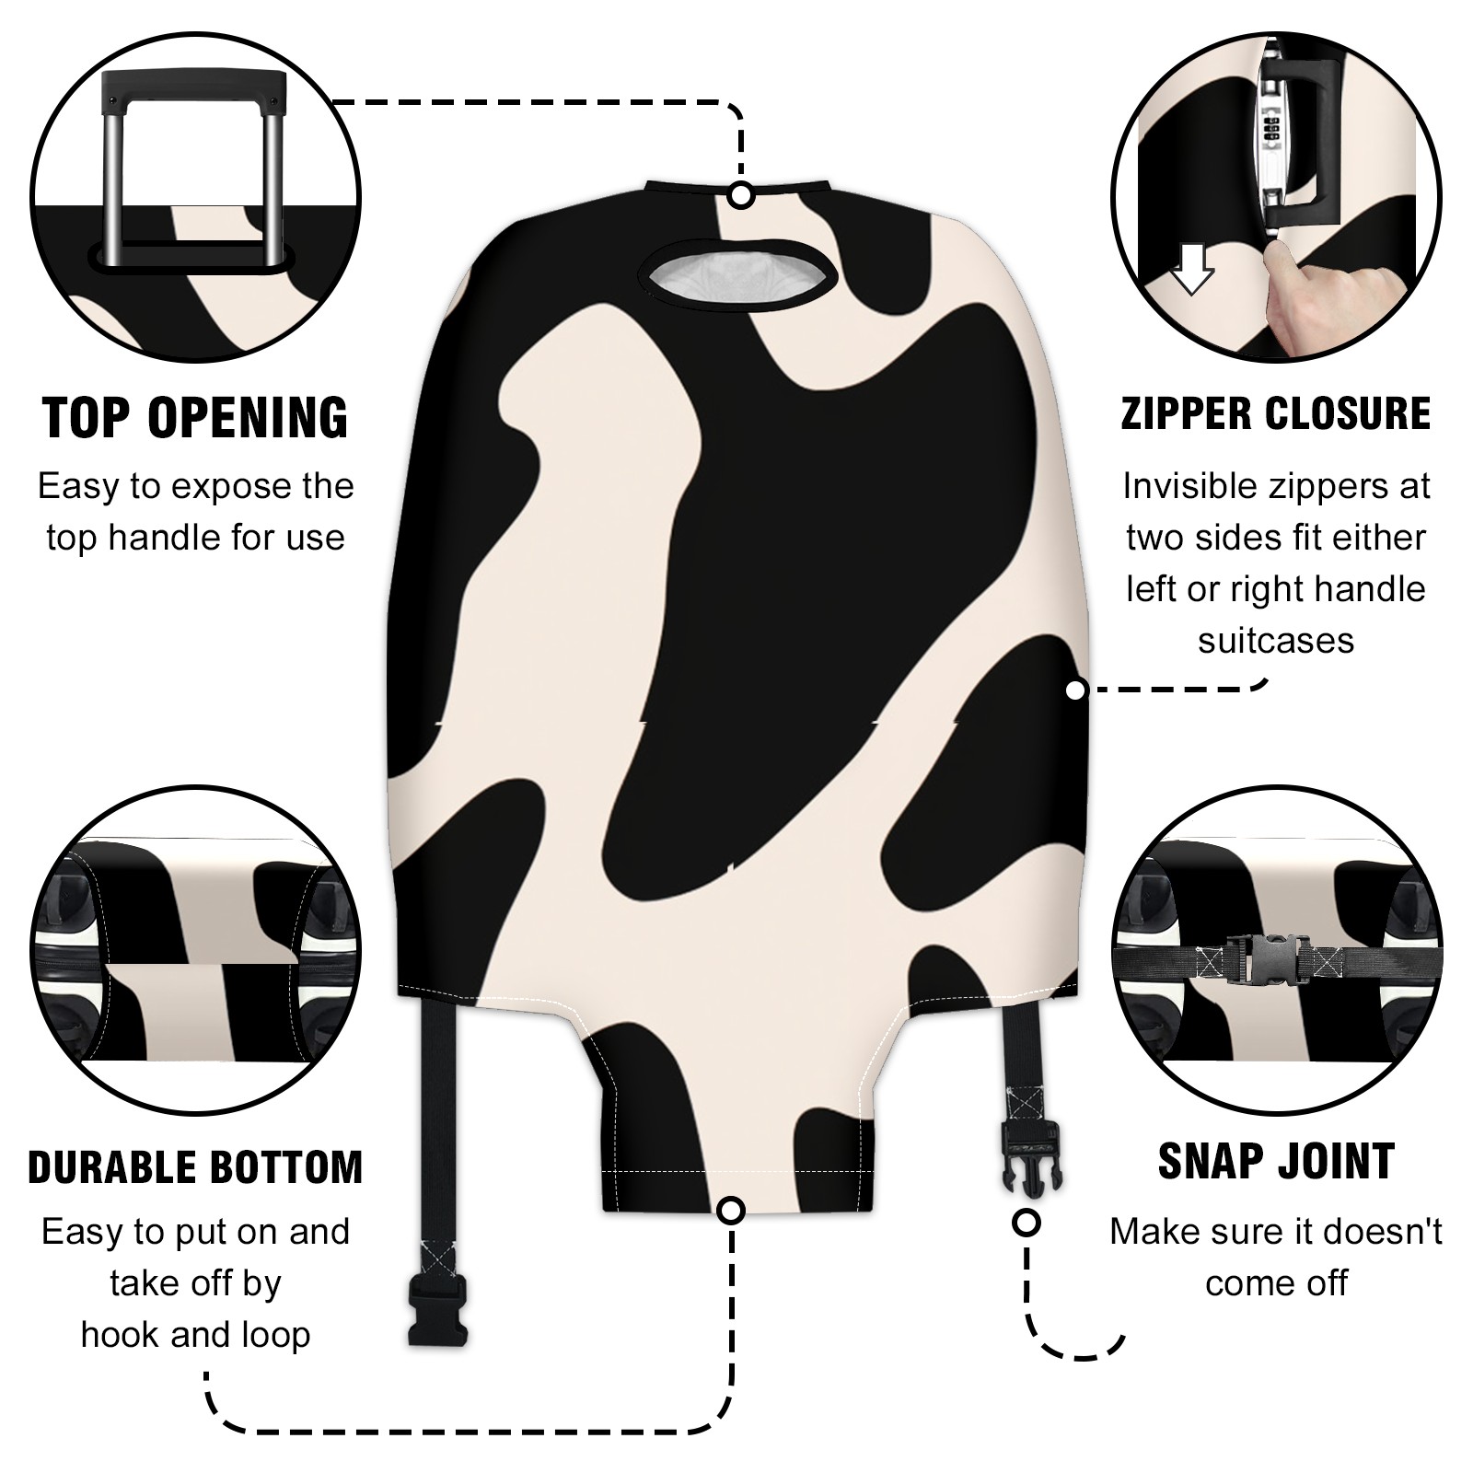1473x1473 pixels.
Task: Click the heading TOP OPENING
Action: (x=196, y=418)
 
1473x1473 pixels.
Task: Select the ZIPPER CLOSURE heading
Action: (x=1276, y=413)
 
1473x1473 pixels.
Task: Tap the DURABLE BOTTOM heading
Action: (x=195, y=1166)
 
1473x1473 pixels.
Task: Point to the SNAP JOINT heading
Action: (x=1276, y=1161)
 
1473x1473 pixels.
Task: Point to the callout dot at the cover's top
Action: (x=741, y=196)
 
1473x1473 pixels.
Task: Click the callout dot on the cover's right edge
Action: (x=1075, y=690)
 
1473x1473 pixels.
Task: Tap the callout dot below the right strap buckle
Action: (x=1026, y=1223)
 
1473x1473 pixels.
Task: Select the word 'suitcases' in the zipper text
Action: (x=1276, y=641)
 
